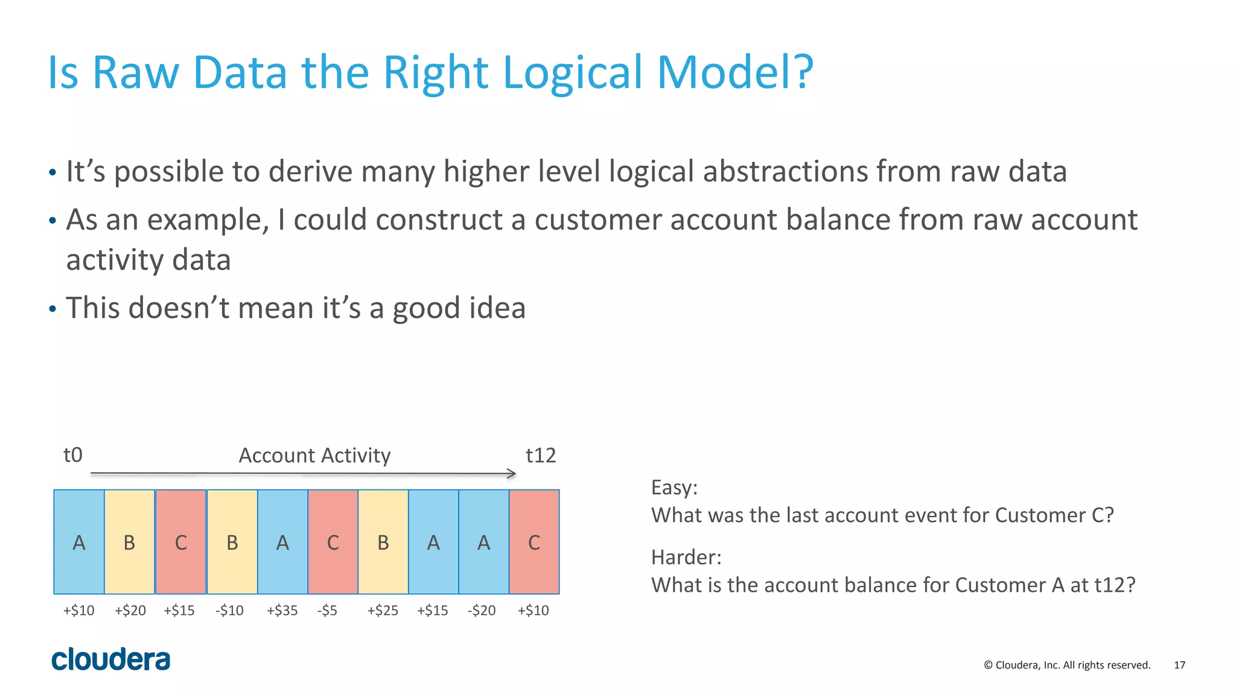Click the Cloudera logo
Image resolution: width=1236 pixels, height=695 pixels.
tap(110, 659)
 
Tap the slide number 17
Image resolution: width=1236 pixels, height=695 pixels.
tap(1179, 665)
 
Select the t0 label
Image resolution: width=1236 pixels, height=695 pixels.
tap(73, 455)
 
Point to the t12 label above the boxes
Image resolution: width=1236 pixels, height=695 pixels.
tap(540, 455)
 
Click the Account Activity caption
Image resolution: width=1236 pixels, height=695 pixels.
tap(314, 455)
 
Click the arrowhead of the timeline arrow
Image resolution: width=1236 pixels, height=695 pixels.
tap(512, 474)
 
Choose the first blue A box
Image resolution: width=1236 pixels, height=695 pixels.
tap(79, 542)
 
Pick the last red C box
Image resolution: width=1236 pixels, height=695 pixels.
tap(534, 542)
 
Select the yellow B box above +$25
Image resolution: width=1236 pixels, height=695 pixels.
tap(383, 542)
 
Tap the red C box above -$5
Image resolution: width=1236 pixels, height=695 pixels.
tap(333, 542)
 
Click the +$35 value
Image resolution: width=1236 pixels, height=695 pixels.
tap(282, 611)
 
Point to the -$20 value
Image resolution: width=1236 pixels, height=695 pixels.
tap(481, 611)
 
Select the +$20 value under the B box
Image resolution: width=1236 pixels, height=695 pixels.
tap(130, 611)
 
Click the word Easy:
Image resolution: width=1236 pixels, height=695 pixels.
tap(674, 487)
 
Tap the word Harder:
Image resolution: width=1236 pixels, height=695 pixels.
tap(686, 557)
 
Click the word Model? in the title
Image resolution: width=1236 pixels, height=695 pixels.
tap(735, 72)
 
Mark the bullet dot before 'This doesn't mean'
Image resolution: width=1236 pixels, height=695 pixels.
tap(53, 309)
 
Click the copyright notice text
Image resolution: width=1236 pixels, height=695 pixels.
tap(1067, 665)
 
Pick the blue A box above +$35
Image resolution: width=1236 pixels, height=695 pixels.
tap(282, 542)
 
